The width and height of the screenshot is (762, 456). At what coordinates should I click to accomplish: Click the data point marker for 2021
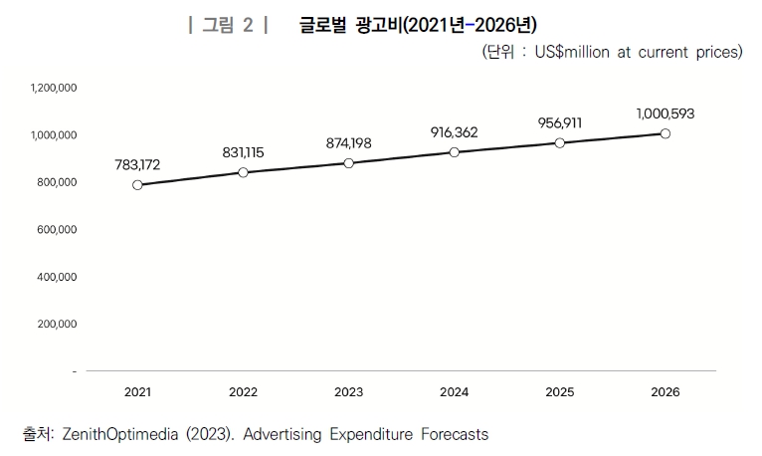coord(137,184)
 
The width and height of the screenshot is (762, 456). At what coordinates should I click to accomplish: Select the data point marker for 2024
coord(455,152)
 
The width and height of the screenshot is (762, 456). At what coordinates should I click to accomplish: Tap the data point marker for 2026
coord(666,133)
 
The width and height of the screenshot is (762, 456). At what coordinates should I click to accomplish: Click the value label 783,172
coord(137,163)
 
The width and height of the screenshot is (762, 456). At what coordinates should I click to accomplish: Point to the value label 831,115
coord(243,151)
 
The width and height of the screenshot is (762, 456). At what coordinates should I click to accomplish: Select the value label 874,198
coord(348,143)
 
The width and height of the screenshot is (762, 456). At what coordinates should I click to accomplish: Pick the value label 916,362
coord(455,131)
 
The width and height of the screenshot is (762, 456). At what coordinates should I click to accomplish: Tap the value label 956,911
coord(560,122)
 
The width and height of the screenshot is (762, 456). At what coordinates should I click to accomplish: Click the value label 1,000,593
coord(666,114)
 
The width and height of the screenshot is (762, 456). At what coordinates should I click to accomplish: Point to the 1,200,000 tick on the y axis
coord(55,88)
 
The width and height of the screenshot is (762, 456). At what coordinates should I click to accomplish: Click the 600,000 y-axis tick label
coord(58,230)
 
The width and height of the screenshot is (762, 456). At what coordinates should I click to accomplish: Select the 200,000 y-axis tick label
coord(58,325)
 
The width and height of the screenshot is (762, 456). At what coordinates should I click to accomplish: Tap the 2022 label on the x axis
coord(243,392)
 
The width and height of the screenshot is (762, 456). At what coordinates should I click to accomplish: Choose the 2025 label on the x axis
coord(560,392)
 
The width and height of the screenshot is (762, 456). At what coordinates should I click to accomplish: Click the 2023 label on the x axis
coord(348,392)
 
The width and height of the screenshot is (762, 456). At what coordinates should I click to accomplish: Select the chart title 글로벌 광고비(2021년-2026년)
coord(418,25)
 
